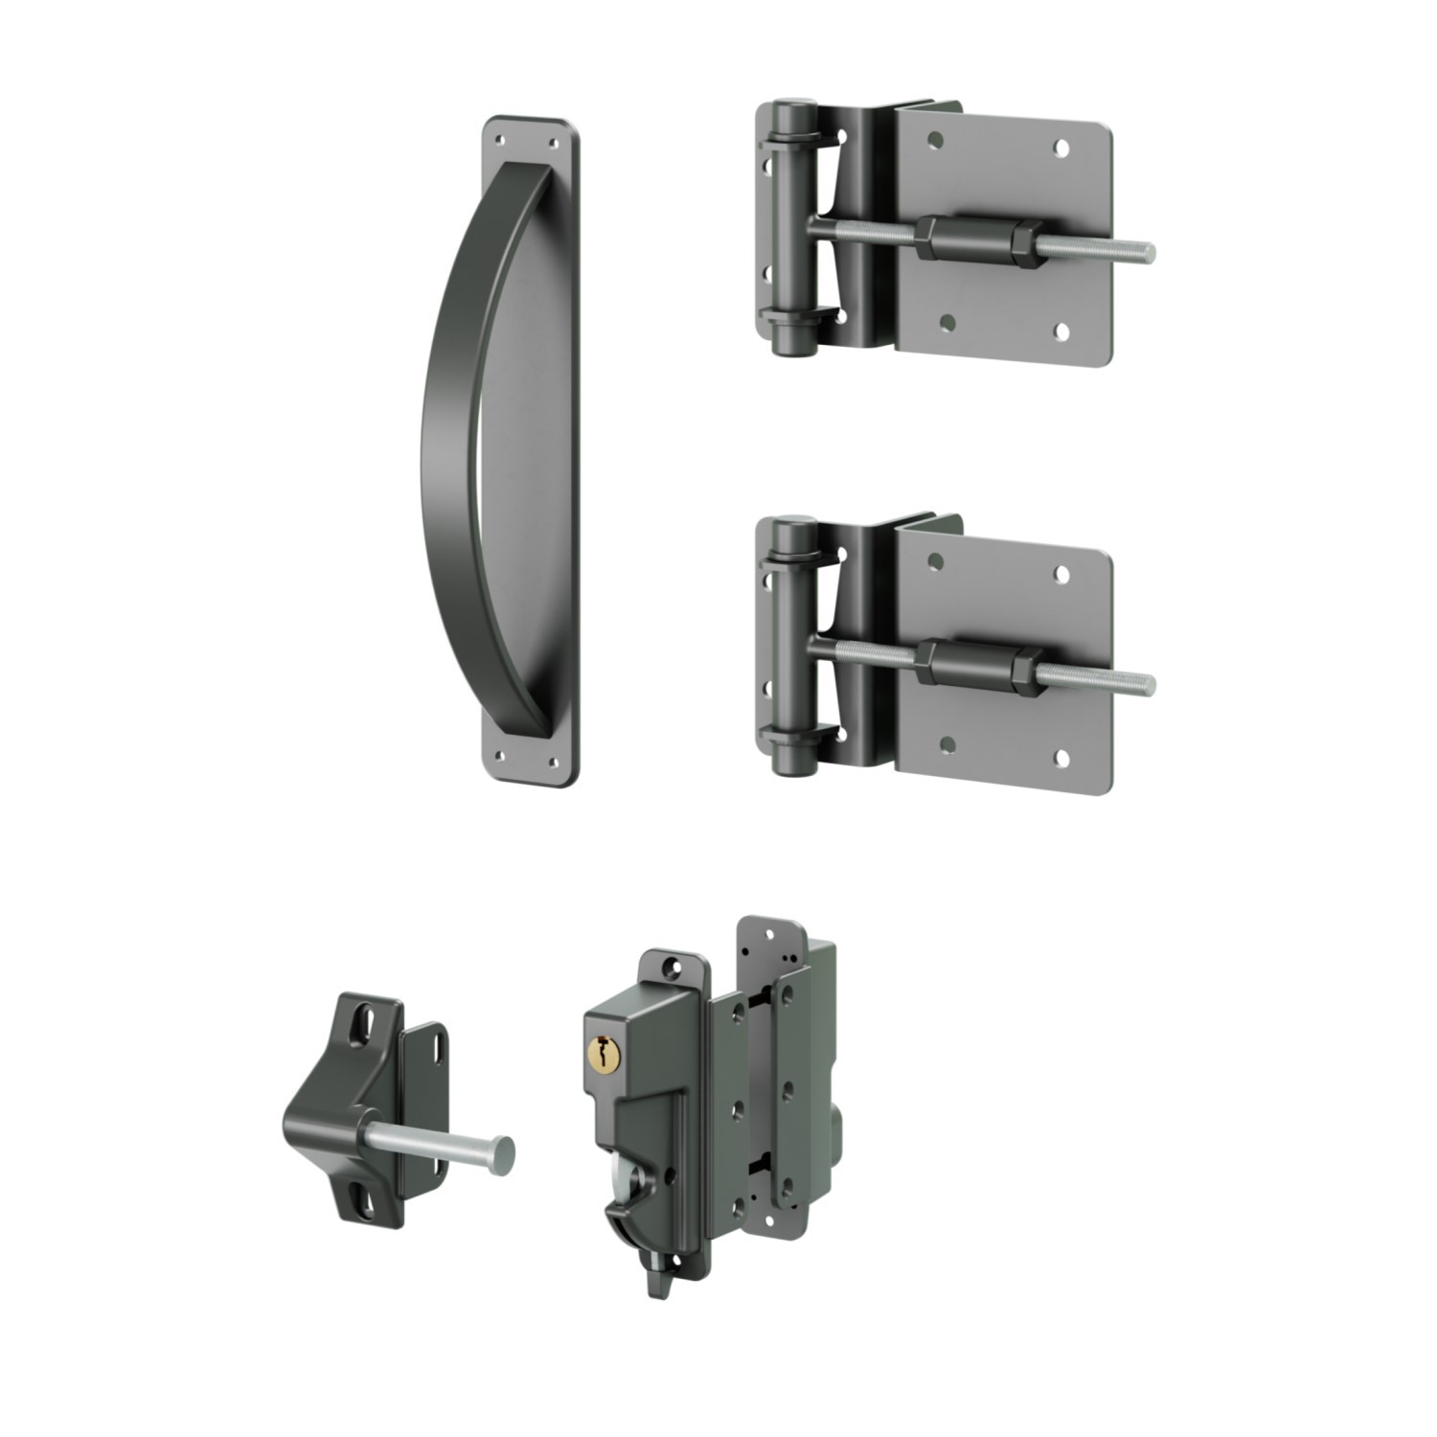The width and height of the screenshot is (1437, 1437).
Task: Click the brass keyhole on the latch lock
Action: coord(600,1053)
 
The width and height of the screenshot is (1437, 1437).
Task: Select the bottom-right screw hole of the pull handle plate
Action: coord(553,763)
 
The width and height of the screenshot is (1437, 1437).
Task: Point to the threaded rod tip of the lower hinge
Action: coord(1147,683)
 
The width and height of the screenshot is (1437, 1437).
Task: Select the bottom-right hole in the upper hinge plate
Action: coord(1062,331)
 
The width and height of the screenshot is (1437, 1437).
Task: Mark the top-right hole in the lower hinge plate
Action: coord(1062,574)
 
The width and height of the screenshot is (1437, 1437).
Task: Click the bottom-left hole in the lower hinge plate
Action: coord(947,743)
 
